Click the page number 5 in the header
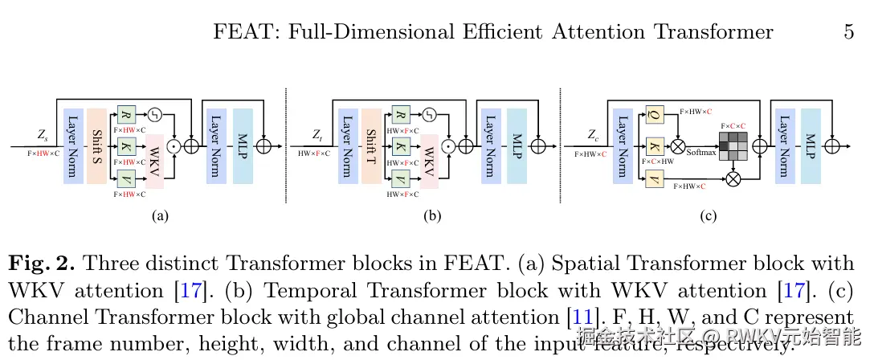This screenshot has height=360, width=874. [x=848, y=32]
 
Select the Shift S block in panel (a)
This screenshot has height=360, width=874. [x=96, y=146]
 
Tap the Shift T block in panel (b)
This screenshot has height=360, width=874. [x=371, y=146]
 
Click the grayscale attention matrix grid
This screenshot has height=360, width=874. [x=733, y=146]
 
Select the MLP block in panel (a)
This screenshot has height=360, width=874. [x=243, y=146]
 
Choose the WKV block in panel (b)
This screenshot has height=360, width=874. [x=430, y=161]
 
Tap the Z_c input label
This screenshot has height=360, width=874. [x=592, y=135]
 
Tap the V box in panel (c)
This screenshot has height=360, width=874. [x=655, y=178]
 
